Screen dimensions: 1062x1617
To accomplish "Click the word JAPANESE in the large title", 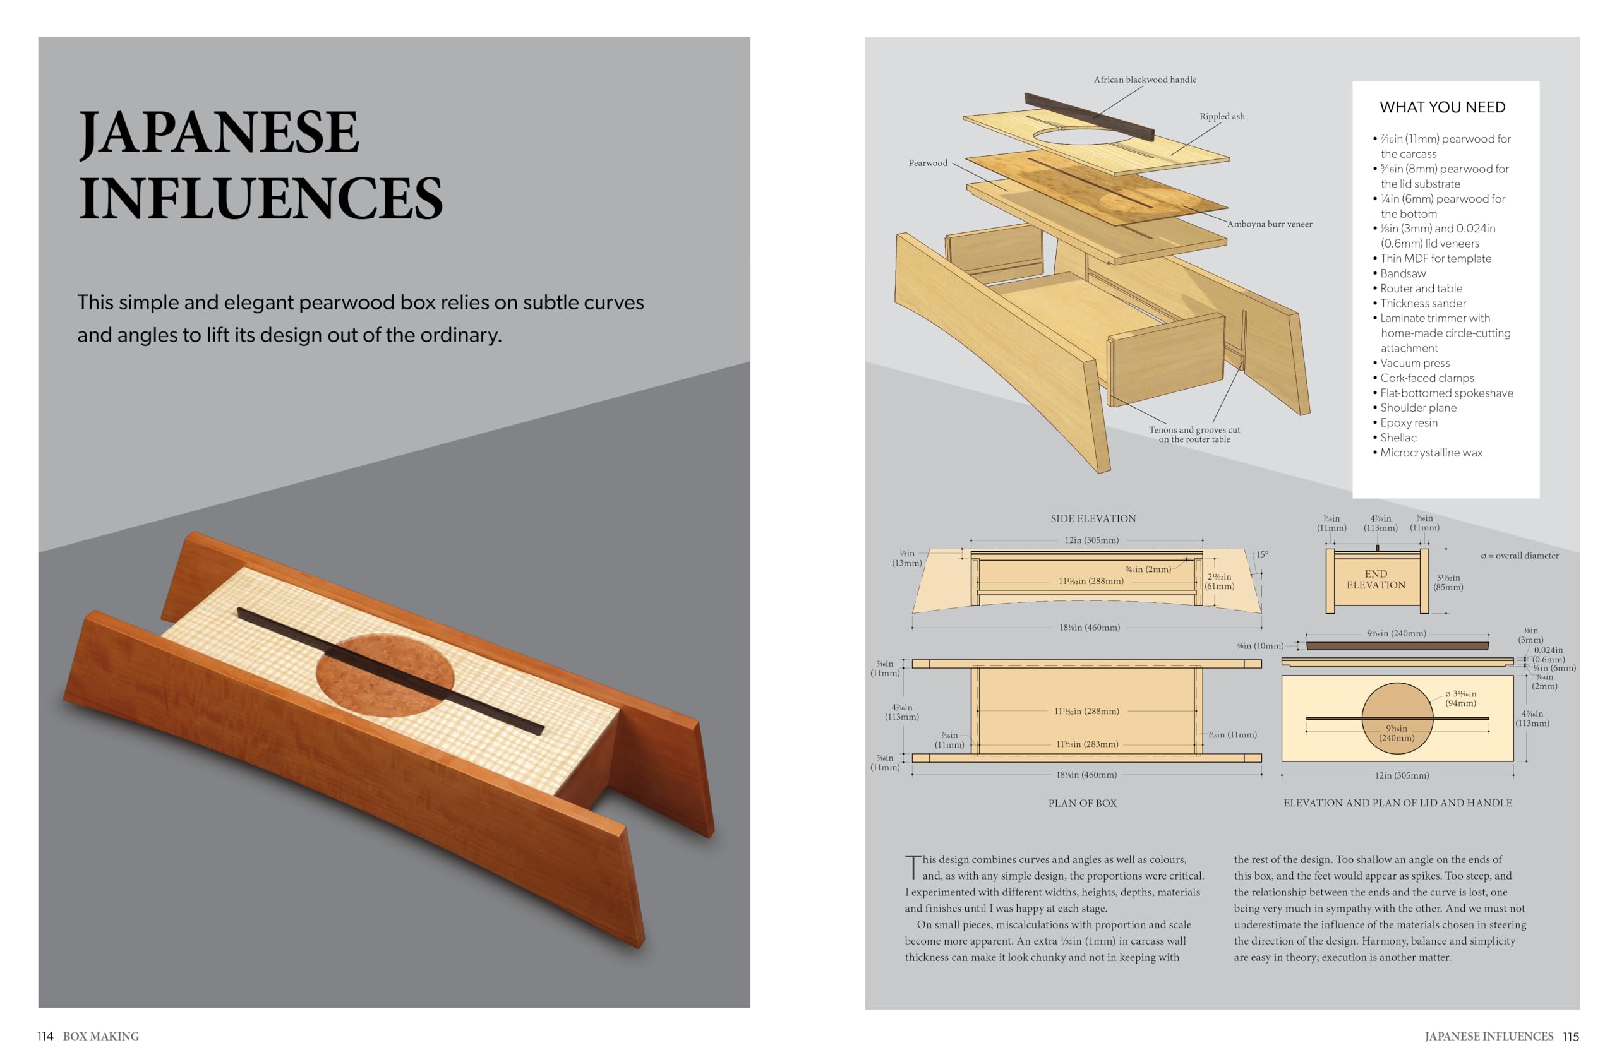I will pyautogui.click(x=219, y=133).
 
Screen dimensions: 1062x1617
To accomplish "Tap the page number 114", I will pyautogui.click(x=45, y=1036).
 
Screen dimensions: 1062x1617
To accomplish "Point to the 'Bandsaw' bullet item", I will pyautogui.click(x=1402, y=273).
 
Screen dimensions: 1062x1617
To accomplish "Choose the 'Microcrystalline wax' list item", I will pyautogui.click(x=1431, y=453).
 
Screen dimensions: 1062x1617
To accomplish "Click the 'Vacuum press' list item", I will pyautogui.click(x=1414, y=363).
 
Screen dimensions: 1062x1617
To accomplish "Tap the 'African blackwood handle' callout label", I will pyautogui.click(x=1145, y=80).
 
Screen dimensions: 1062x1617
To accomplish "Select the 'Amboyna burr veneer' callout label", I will pyautogui.click(x=1269, y=224).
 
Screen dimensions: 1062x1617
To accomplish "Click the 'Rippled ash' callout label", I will pyautogui.click(x=1222, y=117).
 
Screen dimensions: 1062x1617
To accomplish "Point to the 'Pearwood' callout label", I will pyautogui.click(x=927, y=163).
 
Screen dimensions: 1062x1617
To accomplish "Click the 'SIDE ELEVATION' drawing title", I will pyautogui.click(x=1093, y=519).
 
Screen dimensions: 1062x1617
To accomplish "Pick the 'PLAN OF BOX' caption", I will pyautogui.click(x=1082, y=803).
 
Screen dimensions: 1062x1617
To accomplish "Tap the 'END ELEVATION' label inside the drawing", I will pyautogui.click(x=1376, y=579).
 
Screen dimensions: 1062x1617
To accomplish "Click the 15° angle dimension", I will pyautogui.click(x=1261, y=555).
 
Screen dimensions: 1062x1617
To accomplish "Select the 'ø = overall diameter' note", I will pyautogui.click(x=1519, y=556).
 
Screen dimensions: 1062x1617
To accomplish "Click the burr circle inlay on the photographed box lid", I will pyautogui.click(x=385, y=676).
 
